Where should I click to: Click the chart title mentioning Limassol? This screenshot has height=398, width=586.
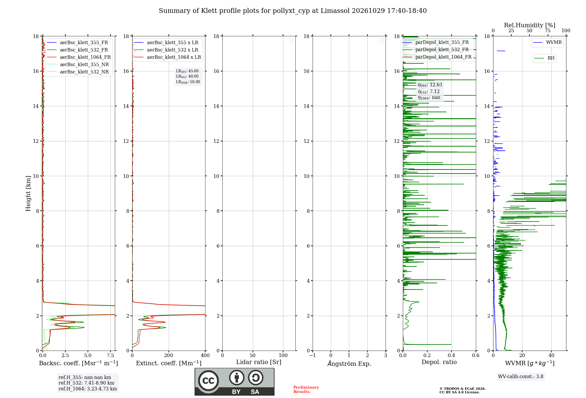click(293, 11)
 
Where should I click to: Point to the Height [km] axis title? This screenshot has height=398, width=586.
click(28, 193)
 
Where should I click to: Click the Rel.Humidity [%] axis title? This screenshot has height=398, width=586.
click(529, 25)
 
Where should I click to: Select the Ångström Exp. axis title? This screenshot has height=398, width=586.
click(349, 363)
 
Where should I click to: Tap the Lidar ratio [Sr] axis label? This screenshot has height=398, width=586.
click(259, 362)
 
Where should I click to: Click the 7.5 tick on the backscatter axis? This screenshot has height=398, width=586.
click(110, 355)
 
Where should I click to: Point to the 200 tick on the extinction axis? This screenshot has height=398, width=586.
click(168, 355)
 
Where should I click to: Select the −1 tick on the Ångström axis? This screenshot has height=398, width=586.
click(312, 355)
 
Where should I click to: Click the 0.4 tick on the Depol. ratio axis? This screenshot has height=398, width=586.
click(452, 355)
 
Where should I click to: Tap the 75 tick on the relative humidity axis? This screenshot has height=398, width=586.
click(548, 30)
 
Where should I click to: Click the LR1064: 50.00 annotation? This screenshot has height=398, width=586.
click(188, 82)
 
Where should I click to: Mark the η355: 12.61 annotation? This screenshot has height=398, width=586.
click(430, 85)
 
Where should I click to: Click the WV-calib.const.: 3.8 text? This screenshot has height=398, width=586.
click(521, 377)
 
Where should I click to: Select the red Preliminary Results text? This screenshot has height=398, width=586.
click(306, 390)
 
